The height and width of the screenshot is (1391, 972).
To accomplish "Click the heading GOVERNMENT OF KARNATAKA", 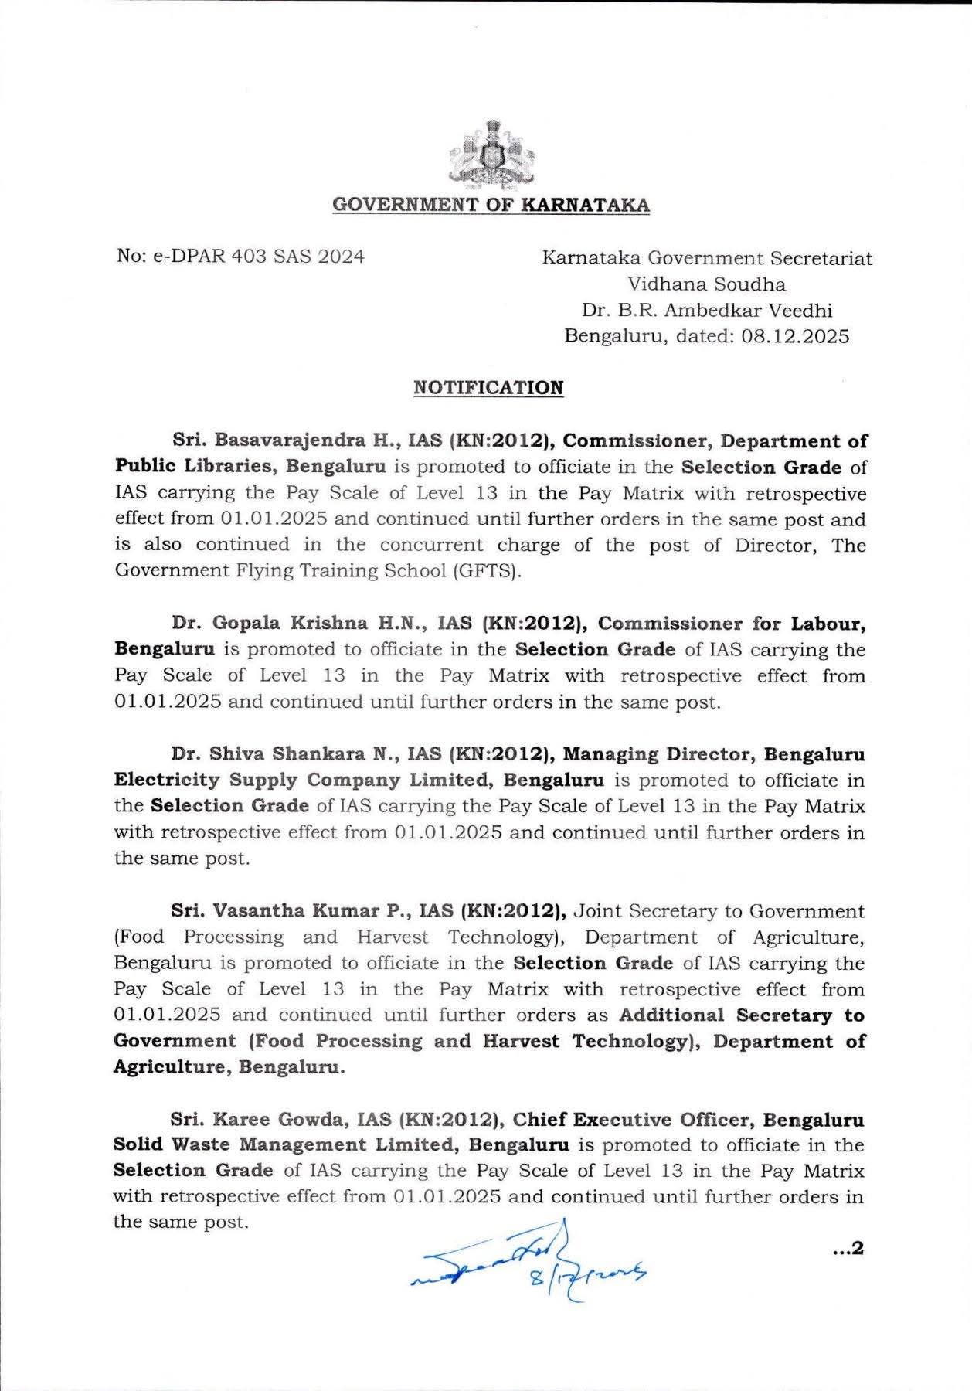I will tap(491, 206).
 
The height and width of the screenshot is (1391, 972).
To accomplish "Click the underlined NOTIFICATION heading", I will tap(488, 387).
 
